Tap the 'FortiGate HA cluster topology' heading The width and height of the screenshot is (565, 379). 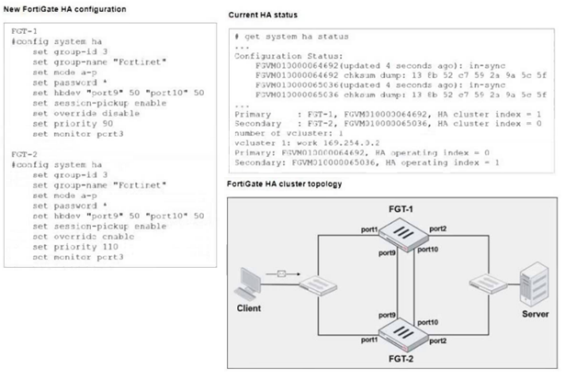click(x=284, y=184)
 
